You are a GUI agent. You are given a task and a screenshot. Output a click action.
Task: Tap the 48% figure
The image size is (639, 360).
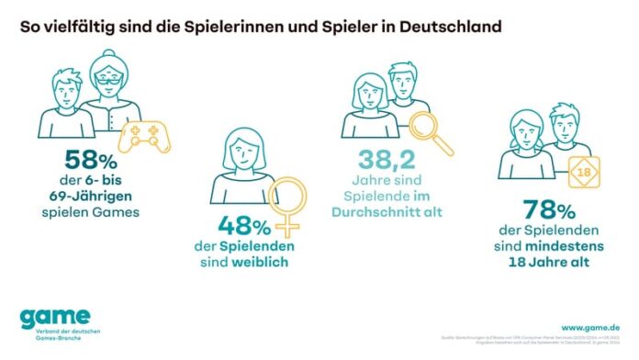click(x=244, y=226)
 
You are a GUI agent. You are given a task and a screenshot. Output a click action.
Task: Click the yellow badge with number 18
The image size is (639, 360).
click(x=580, y=172)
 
